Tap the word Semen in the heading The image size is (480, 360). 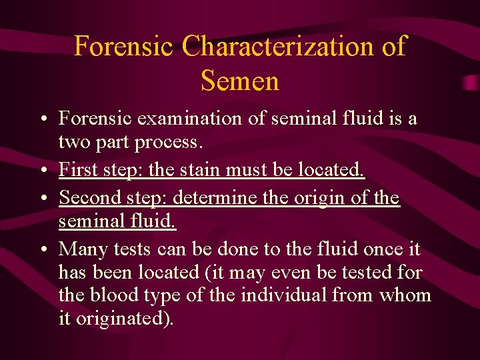click(x=239, y=81)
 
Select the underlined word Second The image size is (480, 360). click(x=87, y=198)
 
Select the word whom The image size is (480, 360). click(x=405, y=295)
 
